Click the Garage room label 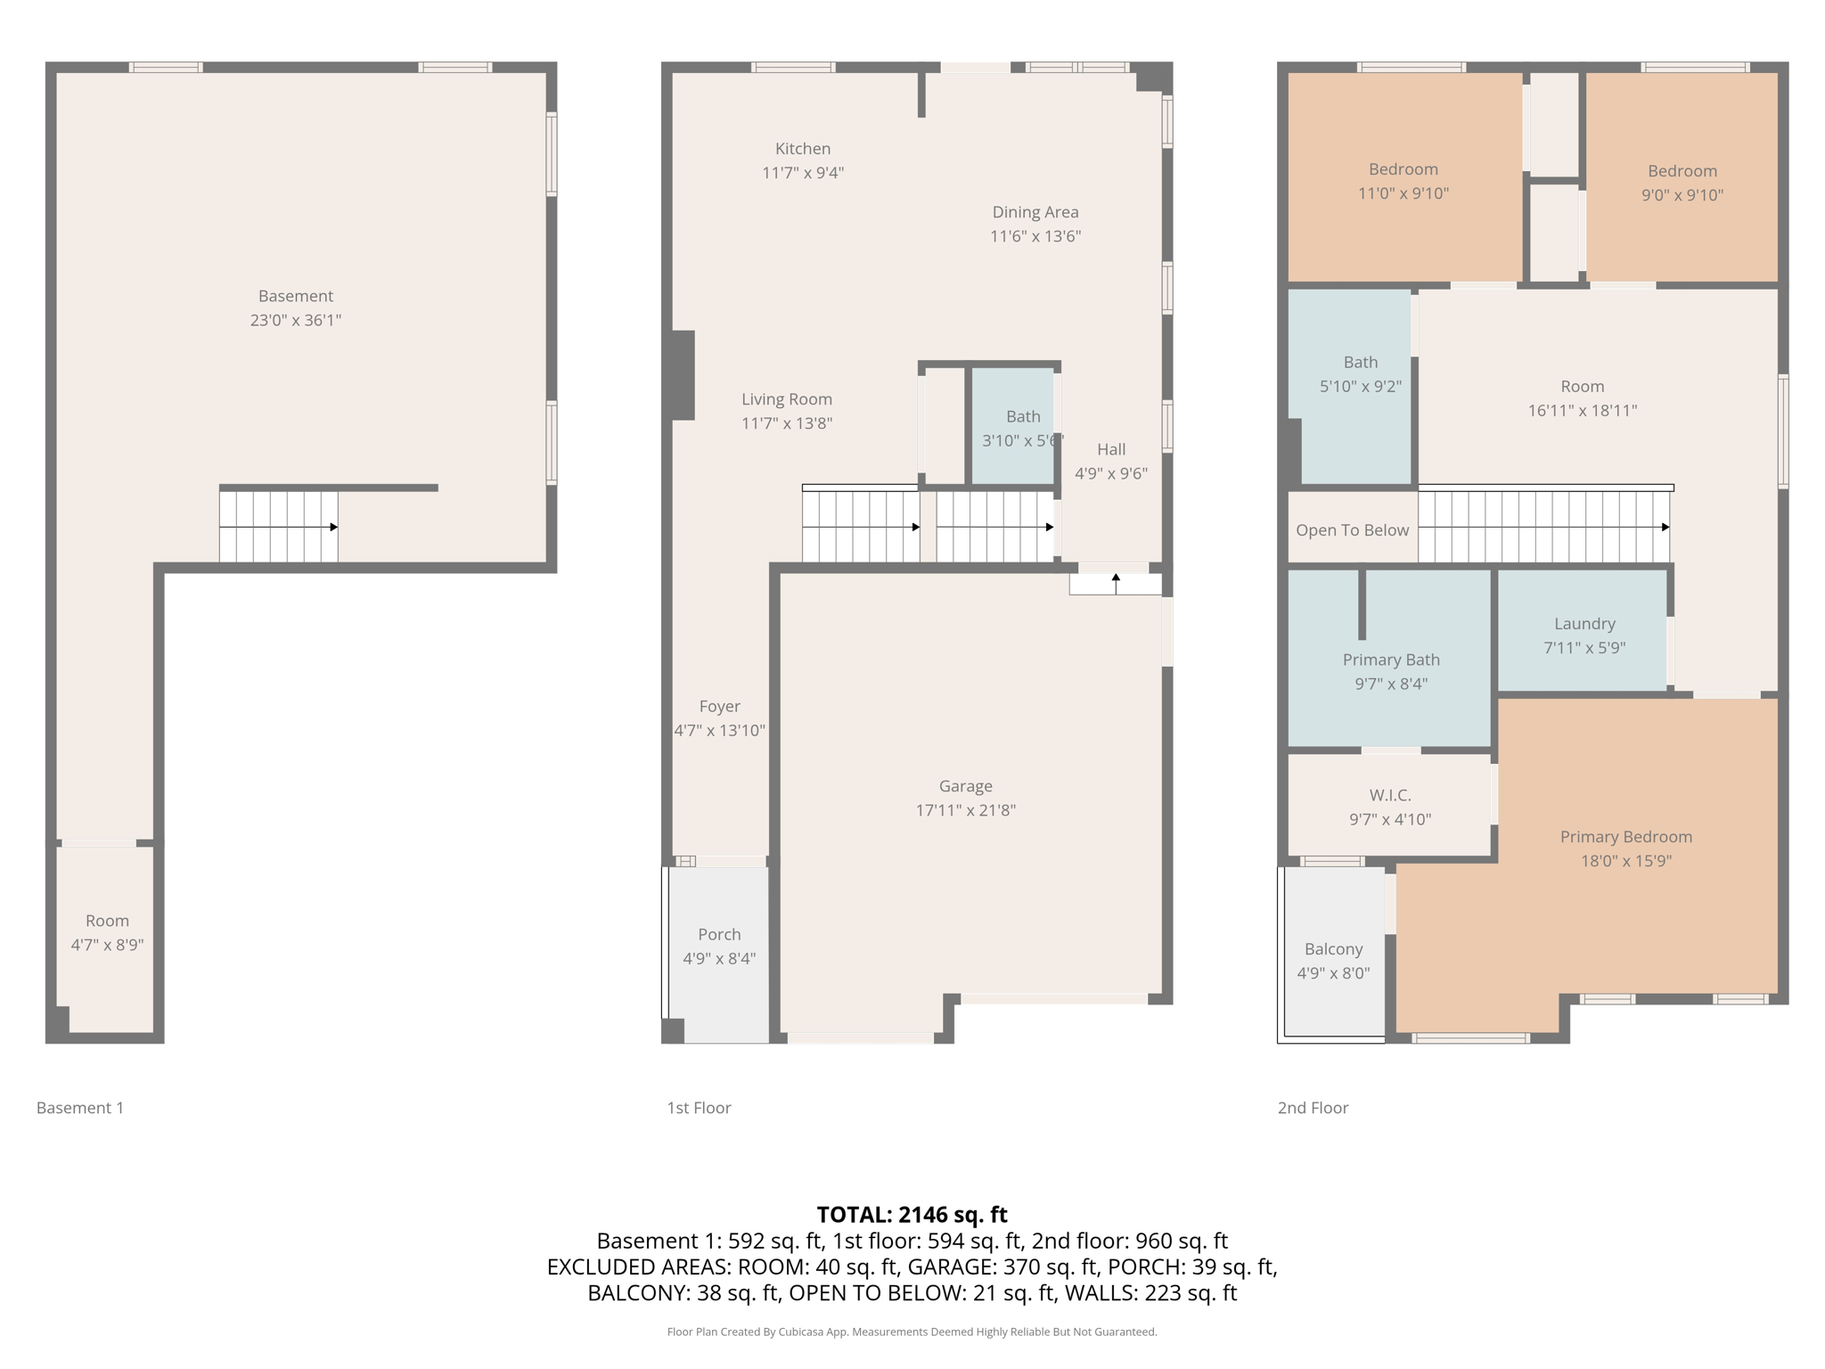coord(965,786)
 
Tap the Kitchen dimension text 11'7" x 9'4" coord(802,173)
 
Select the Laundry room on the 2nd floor coord(1584,635)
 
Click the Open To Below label coord(1352,530)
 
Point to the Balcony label coord(1333,949)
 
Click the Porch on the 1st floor coord(719,946)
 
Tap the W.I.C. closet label coord(1389,795)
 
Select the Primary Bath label coord(1390,660)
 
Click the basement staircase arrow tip coord(334,527)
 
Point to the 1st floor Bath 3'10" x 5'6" coord(1021,428)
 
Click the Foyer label coord(719,707)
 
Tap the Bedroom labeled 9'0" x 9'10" coord(1682,183)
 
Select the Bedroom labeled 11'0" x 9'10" coord(1403,181)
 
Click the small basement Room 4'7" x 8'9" coord(107,932)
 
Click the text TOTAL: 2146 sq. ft coord(912,1215)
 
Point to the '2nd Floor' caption coord(1313,1108)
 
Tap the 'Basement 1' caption coord(80,1108)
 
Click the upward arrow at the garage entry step coord(1116,578)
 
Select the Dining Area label coord(1035,212)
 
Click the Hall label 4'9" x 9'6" coord(1110,462)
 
